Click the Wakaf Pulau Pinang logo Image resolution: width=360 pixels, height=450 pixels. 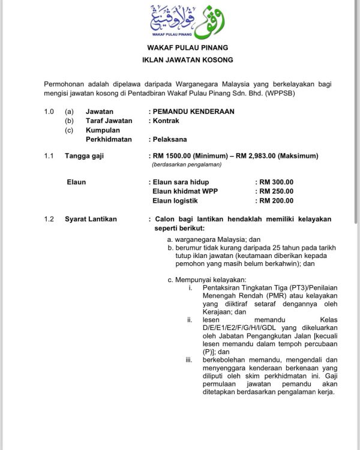coord(187,22)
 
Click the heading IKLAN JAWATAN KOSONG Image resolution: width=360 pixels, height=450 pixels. coord(187,60)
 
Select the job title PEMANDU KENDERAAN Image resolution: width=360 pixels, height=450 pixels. coord(193,112)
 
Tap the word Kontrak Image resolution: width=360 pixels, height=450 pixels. coord(166,121)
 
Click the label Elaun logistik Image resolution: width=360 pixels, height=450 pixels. coord(175,201)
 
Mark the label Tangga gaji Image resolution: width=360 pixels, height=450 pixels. coord(84,156)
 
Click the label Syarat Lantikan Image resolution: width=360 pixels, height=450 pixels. coord(91,219)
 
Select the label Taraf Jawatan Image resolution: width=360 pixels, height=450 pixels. coord(109,121)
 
